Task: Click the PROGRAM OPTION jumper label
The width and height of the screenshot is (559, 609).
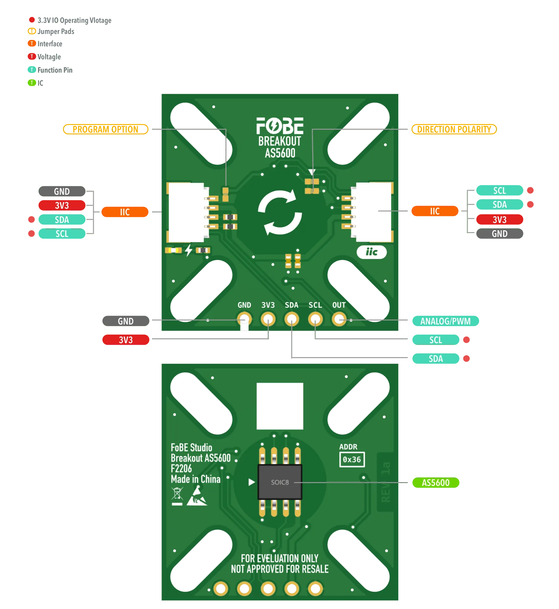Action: [106, 129]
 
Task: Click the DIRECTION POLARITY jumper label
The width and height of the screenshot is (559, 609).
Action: [454, 129]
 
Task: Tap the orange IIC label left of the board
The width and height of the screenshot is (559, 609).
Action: [125, 212]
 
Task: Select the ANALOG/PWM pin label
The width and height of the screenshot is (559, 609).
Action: [445, 321]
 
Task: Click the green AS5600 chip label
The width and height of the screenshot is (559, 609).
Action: [435, 483]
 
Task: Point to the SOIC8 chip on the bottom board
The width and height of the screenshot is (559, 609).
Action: [280, 482]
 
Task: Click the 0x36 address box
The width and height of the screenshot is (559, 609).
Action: [352, 460]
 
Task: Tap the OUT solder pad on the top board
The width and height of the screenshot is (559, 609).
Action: [339, 319]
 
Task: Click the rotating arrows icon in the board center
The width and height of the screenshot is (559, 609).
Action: [280, 212]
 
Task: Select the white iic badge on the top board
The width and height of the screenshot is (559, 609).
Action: [371, 252]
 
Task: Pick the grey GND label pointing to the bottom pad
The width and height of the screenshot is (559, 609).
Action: [126, 321]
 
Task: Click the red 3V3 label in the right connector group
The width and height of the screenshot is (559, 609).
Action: [499, 219]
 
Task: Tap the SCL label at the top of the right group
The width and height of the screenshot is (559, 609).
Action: [499, 191]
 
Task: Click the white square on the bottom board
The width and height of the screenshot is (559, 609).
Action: [280, 406]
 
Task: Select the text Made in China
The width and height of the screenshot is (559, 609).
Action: [196, 479]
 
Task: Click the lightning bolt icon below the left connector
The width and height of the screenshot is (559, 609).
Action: [189, 250]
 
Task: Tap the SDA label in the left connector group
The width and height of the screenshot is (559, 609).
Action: [62, 219]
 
